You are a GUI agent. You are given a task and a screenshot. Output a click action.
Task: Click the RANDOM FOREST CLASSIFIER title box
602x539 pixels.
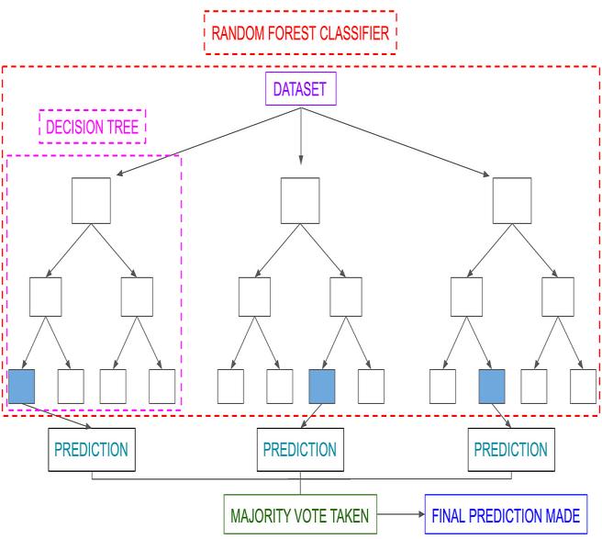(301, 33)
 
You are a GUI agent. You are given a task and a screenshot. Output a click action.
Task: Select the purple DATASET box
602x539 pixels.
(301, 89)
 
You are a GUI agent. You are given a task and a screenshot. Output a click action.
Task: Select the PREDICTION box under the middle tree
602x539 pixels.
(300, 451)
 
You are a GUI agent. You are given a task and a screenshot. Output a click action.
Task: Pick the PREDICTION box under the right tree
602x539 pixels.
(511, 451)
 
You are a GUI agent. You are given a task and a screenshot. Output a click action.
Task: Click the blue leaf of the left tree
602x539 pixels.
(21, 385)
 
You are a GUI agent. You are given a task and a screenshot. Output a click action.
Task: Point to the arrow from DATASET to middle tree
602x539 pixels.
(301, 138)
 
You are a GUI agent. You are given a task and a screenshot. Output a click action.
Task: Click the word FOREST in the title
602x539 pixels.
(291, 33)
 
